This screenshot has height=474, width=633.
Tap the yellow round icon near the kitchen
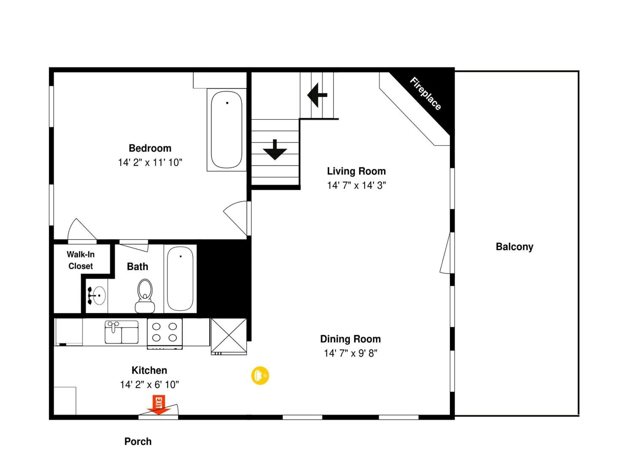click(x=260, y=375)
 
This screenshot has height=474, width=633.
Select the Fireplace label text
click(x=425, y=94)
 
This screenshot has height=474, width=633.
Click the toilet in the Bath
click(x=145, y=296)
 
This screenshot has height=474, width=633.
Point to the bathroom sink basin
click(x=99, y=296)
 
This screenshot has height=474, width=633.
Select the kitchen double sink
click(x=122, y=332)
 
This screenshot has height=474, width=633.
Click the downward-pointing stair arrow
click(x=275, y=150)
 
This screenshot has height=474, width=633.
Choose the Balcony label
click(x=514, y=247)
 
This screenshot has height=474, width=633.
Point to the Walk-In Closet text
click(x=80, y=260)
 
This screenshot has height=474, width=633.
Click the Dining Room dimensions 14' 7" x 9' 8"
click(x=350, y=354)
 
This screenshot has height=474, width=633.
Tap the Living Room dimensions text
click(x=356, y=185)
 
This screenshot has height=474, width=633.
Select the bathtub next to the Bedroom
click(x=226, y=130)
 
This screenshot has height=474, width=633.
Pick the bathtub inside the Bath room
click(x=180, y=278)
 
